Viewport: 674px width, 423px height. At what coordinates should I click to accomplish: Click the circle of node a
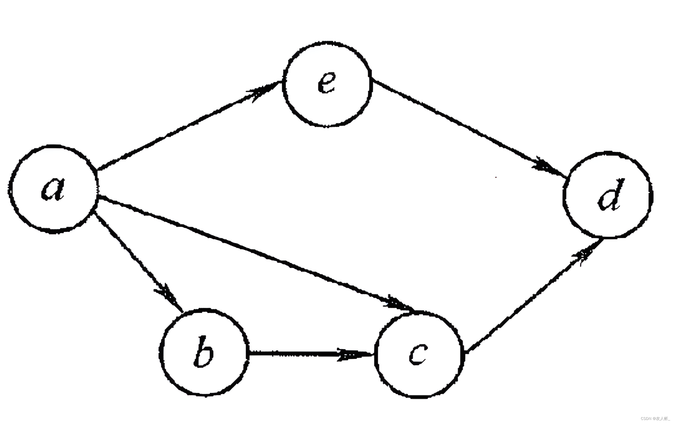[x=53, y=189]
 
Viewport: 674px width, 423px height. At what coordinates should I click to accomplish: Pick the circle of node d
[x=607, y=195]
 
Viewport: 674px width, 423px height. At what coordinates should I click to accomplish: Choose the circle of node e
[x=327, y=84]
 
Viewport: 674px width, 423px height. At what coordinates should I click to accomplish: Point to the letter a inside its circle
[x=53, y=190]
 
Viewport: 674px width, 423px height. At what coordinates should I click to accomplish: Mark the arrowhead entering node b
[x=168, y=294]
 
